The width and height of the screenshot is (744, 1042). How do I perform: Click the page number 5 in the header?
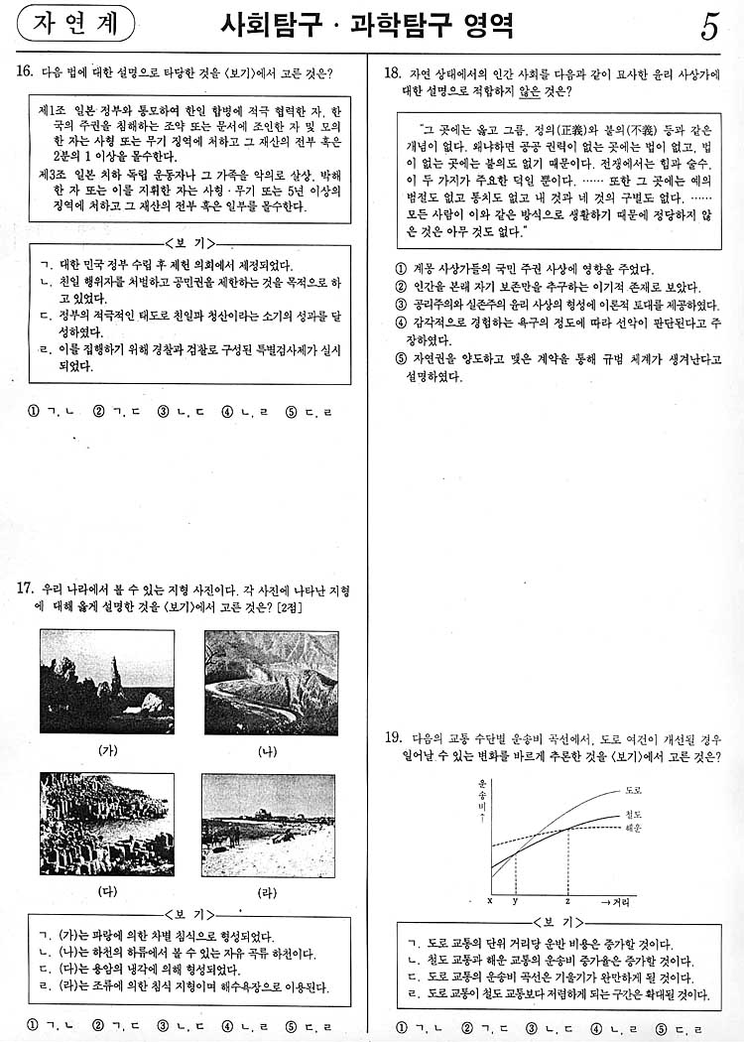709,27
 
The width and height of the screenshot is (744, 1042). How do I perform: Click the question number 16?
26,71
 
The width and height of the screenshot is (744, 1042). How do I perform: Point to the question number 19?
393,737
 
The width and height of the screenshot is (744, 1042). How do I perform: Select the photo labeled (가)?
107,682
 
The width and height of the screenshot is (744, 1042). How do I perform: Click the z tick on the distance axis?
567,900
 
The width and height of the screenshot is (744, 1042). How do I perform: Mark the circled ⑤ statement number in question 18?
400,359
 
